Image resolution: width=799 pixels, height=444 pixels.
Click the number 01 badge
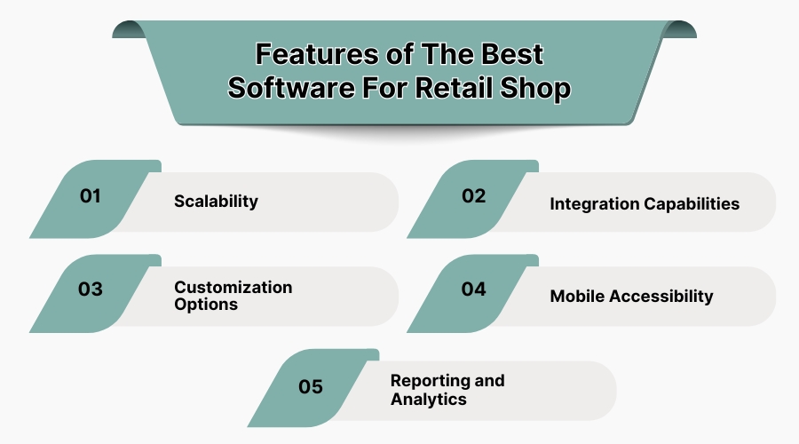[91, 196]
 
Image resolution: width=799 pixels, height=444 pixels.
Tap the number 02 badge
[473, 196]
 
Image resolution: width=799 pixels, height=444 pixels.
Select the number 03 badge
[91, 289]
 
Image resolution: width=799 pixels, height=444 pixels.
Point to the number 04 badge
[473, 289]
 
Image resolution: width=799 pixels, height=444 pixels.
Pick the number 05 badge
[311, 386]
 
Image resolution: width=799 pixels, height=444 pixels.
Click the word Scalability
[216, 201]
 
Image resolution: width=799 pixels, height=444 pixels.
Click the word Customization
[233, 287]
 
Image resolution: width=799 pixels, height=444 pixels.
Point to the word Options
[206, 304]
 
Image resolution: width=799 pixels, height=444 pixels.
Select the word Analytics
[429, 399]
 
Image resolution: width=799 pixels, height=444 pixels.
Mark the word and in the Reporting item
[489, 380]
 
